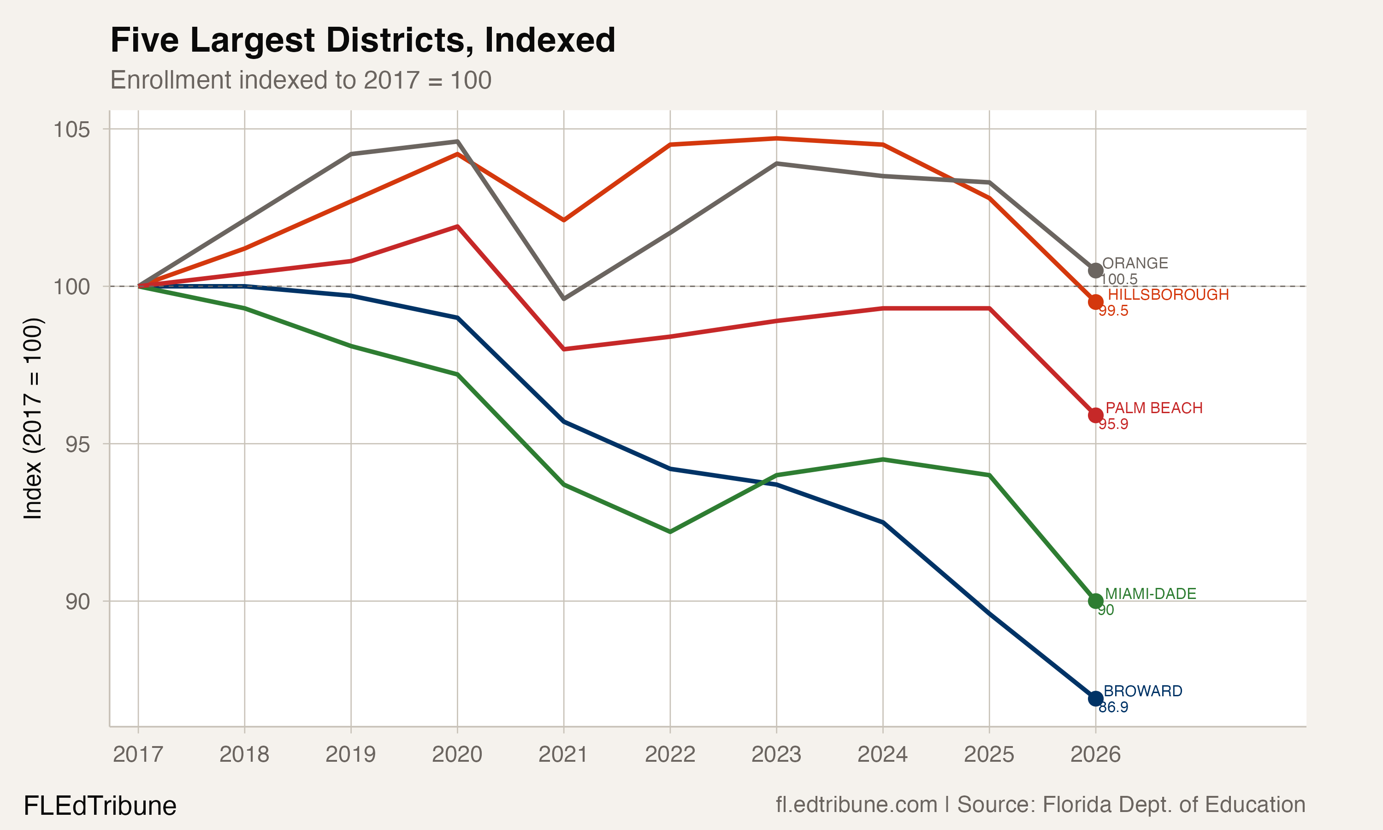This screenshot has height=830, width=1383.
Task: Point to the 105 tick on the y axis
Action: [x=71, y=130]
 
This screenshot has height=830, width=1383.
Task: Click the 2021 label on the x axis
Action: [x=563, y=754]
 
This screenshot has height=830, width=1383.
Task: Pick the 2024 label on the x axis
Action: [x=882, y=754]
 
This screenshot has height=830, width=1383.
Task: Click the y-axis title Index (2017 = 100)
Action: [x=32, y=418]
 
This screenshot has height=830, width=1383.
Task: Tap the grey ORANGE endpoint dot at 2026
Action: [x=1095, y=270]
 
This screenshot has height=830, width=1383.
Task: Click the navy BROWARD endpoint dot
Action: [x=1095, y=698]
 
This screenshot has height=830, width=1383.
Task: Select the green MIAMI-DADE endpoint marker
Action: [x=1095, y=601]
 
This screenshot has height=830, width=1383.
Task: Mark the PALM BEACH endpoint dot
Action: [x=1095, y=415]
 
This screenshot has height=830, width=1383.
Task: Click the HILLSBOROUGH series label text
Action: [x=1168, y=294]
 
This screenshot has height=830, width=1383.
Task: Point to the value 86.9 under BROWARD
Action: [x=1113, y=707]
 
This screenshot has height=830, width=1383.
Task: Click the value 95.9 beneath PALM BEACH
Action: [x=1113, y=424]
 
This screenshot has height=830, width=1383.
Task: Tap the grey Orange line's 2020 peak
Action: [x=457, y=142]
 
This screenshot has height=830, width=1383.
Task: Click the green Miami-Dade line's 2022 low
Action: [x=670, y=531]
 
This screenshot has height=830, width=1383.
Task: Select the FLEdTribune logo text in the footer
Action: [x=100, y=806]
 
